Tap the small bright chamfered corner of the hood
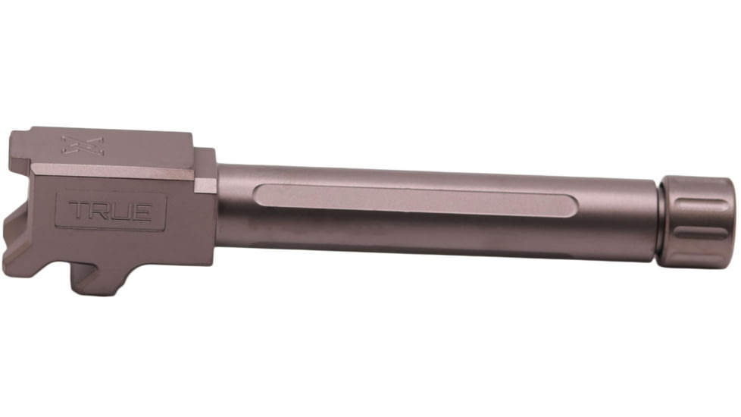pyautogui.click(x=205, y=184)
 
